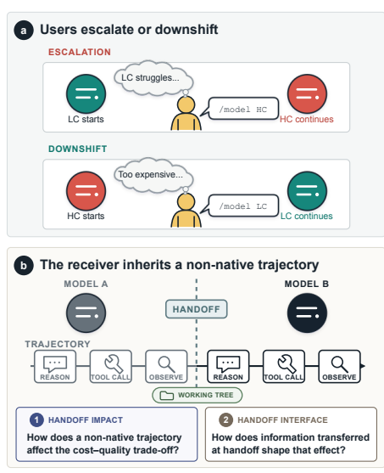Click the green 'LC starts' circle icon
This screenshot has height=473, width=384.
point(86,93)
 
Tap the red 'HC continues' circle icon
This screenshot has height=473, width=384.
point(307,93)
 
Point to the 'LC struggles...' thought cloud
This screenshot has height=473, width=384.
point(153,78)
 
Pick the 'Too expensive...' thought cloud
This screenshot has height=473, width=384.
point(153,175)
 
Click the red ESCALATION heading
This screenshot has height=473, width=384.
point(80,52)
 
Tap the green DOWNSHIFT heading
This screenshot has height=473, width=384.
point(78,149)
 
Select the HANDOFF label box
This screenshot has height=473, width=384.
point(197,309)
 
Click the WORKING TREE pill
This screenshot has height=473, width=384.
point(198,395)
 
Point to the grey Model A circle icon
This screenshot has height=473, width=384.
point(86,313)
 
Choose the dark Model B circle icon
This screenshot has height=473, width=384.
point(307,313)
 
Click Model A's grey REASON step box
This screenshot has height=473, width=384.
point(55,367)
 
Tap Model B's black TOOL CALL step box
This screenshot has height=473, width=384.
point(284,367)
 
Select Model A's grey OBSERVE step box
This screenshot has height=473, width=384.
point(166,367)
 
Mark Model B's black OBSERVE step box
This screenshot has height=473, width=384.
point(339,367)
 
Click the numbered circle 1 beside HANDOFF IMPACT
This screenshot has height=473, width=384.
point(36,420)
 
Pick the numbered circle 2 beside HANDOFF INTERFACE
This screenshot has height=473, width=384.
point(225,420)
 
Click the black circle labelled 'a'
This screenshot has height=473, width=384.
point(24,31)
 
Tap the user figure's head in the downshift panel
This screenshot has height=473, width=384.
point(186,202)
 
